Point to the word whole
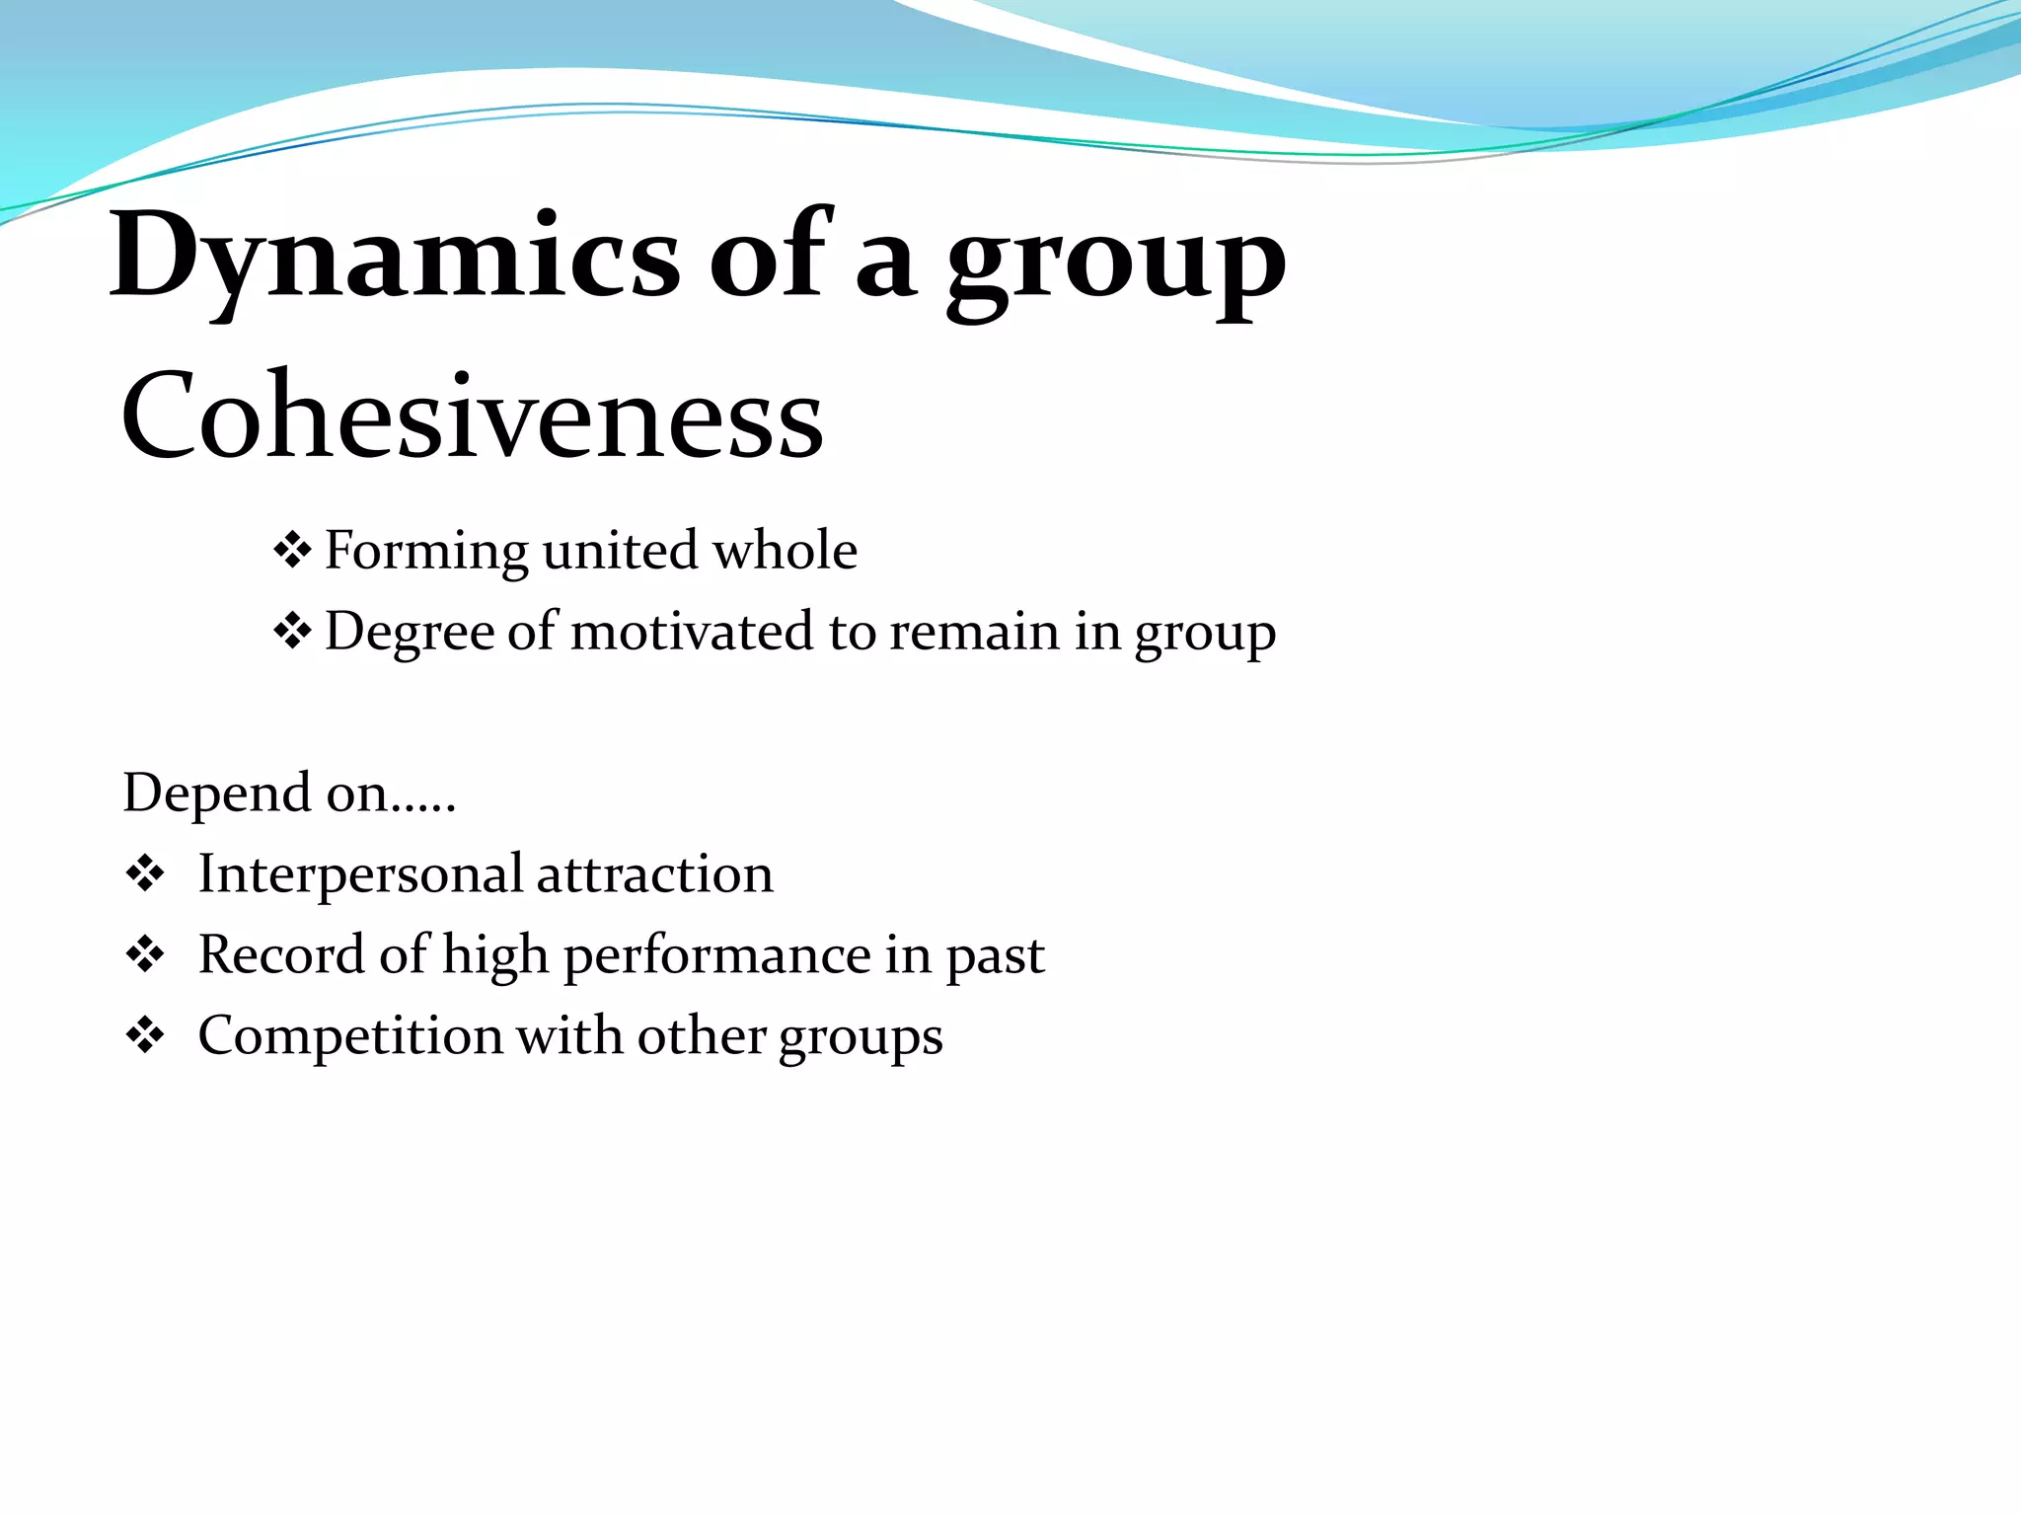coord(786,550)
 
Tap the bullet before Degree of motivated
coord(292,632)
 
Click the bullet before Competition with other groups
coord(145,1036)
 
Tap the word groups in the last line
coord(861,1039)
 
